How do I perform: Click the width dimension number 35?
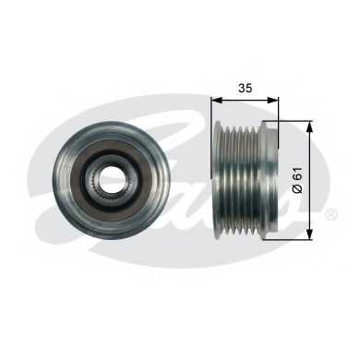[246, 88]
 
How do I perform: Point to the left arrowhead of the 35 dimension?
[217, 100]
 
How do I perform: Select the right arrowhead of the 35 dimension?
[273, 100]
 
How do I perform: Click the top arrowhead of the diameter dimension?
[310, 126]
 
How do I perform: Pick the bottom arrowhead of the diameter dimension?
[310, 234]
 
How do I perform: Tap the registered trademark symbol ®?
[331, 214]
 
